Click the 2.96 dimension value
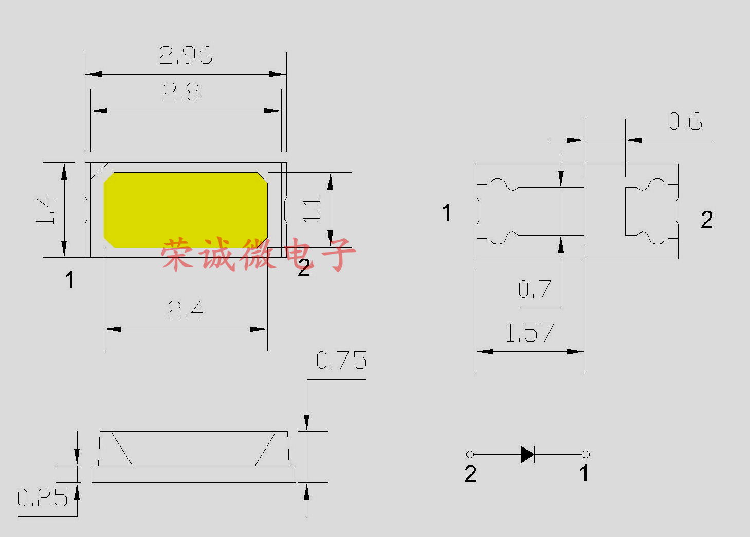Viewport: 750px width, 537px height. [x=186, y=55]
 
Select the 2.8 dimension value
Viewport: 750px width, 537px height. [x=181, y=92]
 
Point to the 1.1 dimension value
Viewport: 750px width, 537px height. [x=312, y=210]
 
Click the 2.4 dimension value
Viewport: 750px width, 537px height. [x=186, y=310]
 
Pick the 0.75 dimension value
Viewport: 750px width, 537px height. [x=341, y=360]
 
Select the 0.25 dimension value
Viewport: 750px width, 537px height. [x=43, y=497]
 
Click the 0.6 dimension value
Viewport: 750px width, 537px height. [x=685, y=121]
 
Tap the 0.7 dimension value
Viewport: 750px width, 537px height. [x=535, y=289]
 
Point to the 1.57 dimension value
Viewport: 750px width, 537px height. [x=530, y=333]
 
